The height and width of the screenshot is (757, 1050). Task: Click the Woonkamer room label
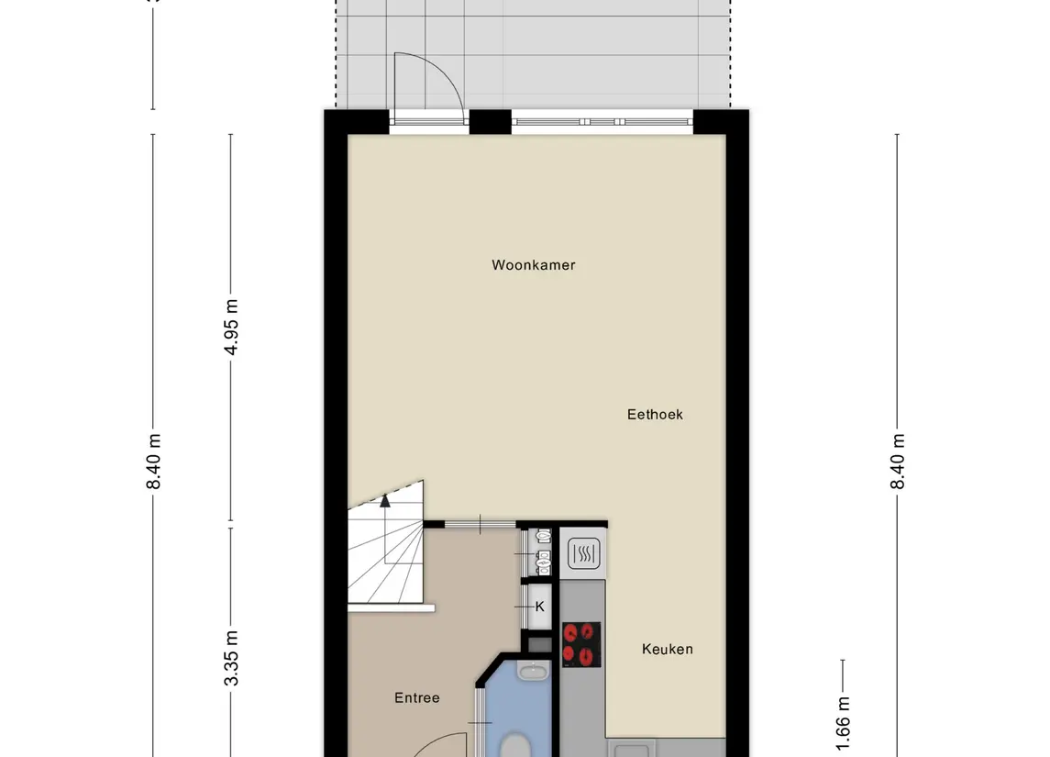point(534,265)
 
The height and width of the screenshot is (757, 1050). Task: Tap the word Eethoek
point(655,415)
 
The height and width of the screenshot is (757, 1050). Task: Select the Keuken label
point(667,650)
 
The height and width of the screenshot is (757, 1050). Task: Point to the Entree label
point(417,698)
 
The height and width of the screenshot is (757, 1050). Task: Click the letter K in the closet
point(539,607)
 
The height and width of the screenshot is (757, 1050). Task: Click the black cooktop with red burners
point(581,644)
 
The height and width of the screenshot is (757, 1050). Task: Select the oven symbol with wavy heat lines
point(583,553)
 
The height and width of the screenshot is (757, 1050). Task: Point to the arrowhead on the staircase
point(385,500)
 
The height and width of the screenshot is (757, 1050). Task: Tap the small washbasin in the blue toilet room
point(531,673)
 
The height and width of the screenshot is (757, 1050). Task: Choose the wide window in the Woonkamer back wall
point(602,121)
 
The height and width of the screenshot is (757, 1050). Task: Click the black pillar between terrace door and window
point(489,121)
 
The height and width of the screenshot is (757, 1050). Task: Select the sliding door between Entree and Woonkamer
point(481,525)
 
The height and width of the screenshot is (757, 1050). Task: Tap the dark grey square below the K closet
point(539,645)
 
